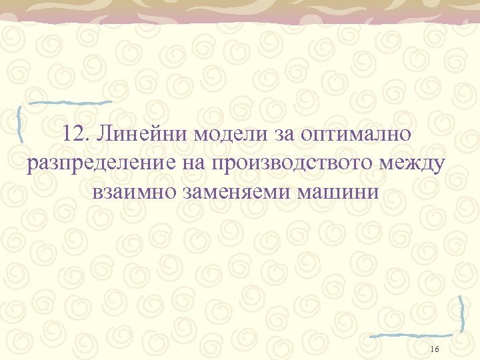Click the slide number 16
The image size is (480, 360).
click(x=434, y=350)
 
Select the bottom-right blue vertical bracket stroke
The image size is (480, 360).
click(x=462, y=313)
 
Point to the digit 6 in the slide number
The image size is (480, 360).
click(x=436, y=350)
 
